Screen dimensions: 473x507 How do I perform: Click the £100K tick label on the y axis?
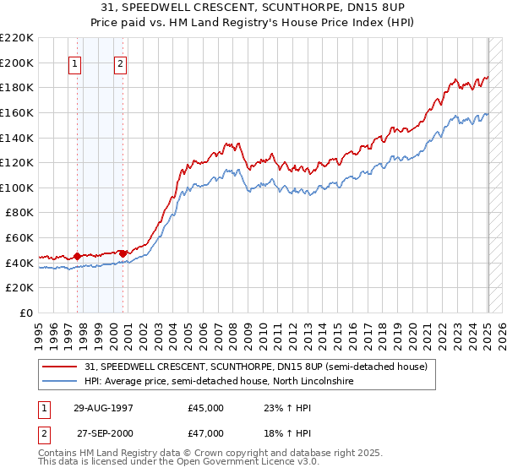point(17,188)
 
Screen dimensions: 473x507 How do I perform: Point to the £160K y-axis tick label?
point(17,112)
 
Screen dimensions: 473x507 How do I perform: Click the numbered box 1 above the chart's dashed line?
point(75,63)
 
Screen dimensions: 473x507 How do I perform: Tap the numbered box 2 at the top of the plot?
point(120,63)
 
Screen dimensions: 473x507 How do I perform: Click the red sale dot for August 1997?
point(78,256)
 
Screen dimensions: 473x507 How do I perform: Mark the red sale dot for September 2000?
point(123,253)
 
